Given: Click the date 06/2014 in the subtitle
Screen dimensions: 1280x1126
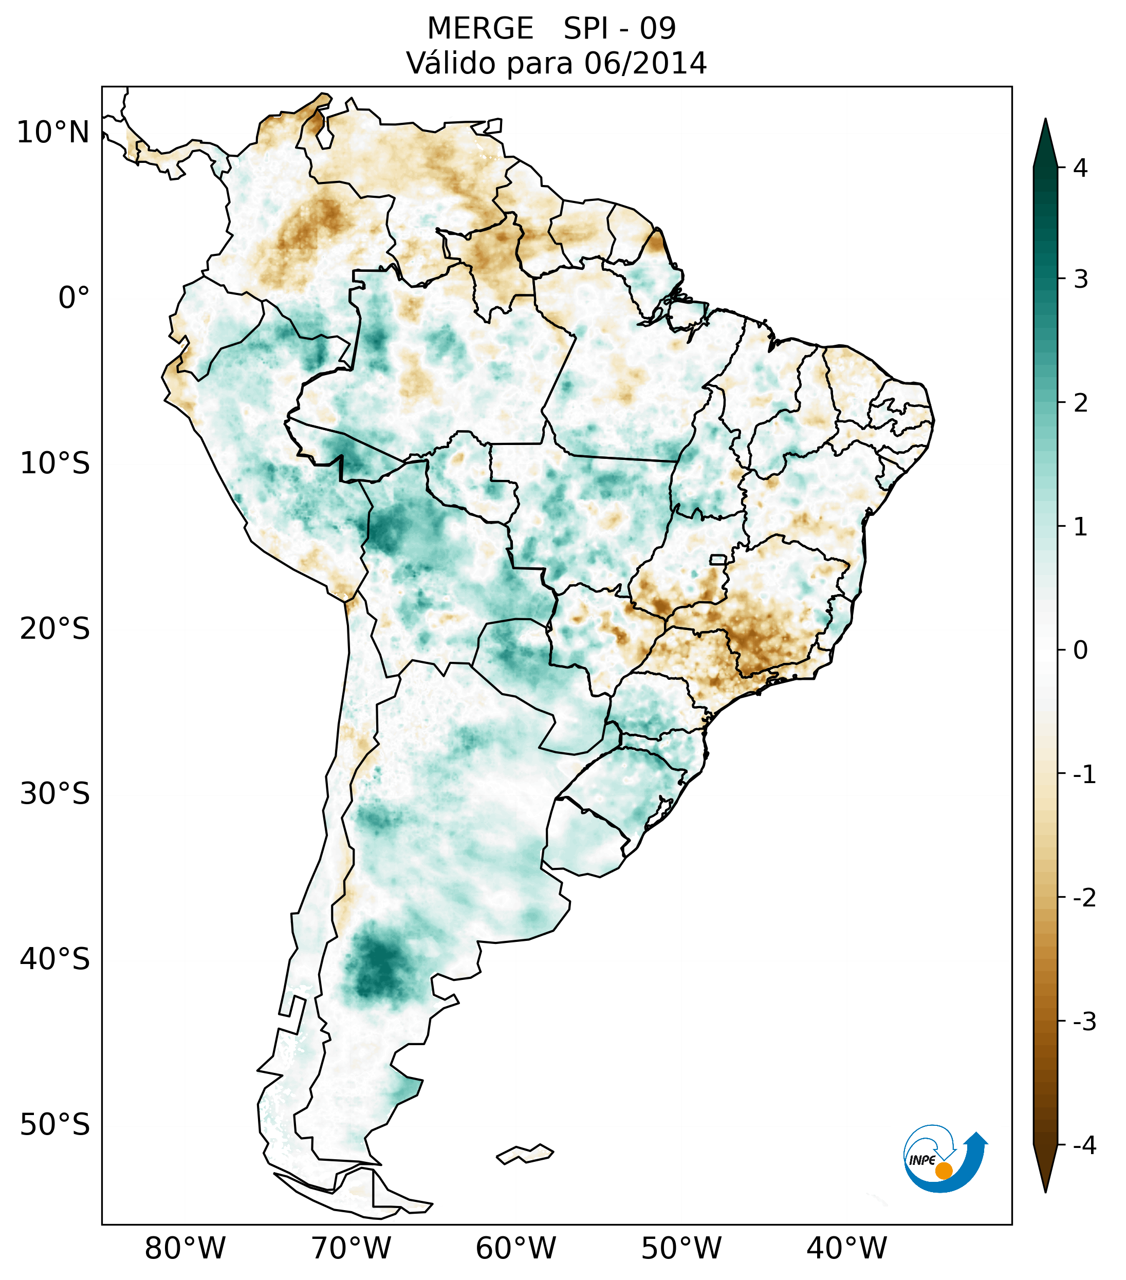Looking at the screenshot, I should [645, 63].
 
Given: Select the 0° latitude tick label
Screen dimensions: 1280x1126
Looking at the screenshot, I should [74, 298].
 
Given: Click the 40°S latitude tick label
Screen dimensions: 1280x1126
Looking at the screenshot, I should [55, 959].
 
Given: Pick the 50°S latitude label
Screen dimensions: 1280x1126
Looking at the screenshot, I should [55, 1125].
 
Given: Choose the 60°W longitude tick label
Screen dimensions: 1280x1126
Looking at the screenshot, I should [515, 1248].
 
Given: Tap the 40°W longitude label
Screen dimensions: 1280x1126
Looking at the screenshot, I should [847, 1248].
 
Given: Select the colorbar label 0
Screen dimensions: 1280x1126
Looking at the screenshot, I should [1080, 650].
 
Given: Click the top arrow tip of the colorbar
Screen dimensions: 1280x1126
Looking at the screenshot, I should [1045, 120].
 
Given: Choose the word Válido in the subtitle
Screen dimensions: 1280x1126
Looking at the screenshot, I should [452, 63].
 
